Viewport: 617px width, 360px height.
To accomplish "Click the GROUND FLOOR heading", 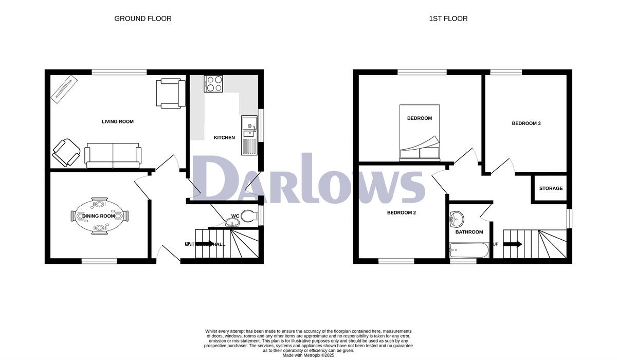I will [x=142, y=19].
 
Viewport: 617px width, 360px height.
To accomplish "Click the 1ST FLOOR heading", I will [x=448, y=19].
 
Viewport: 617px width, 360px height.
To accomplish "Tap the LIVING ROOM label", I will [x=117, y=122].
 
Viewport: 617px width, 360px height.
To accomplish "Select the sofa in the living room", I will [x=113, y=155].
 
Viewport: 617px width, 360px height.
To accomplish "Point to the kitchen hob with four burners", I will [x=213, y=84].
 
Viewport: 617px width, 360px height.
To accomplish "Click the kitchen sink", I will [x=249, y=125].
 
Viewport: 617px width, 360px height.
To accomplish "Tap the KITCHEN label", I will [x=224, y=138].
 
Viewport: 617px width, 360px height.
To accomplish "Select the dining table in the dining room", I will [x=100, y=216].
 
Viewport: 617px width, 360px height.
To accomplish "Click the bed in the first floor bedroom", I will [x=420, y=133].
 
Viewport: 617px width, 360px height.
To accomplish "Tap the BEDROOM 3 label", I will [x=526, y=123].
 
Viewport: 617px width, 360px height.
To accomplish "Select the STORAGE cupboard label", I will [x=551, y=189].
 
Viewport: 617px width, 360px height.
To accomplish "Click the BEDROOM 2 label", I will [x=402, y=212].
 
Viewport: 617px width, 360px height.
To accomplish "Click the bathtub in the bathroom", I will [x=468, y=251].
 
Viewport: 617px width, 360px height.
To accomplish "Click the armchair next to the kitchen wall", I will [x=170, y=93].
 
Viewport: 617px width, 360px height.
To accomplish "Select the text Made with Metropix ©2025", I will [x=308, y=355].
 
